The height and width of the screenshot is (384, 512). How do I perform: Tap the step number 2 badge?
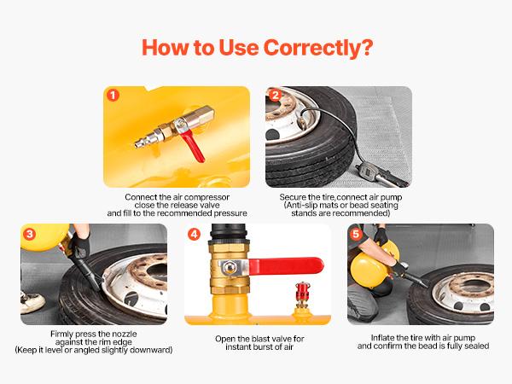(x=275, y=96)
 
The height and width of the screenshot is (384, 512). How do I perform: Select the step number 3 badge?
(x=31, y=233)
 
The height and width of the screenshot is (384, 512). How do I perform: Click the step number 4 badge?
(x=195, y=233)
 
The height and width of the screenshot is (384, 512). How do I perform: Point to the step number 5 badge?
(x=357, y=233)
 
